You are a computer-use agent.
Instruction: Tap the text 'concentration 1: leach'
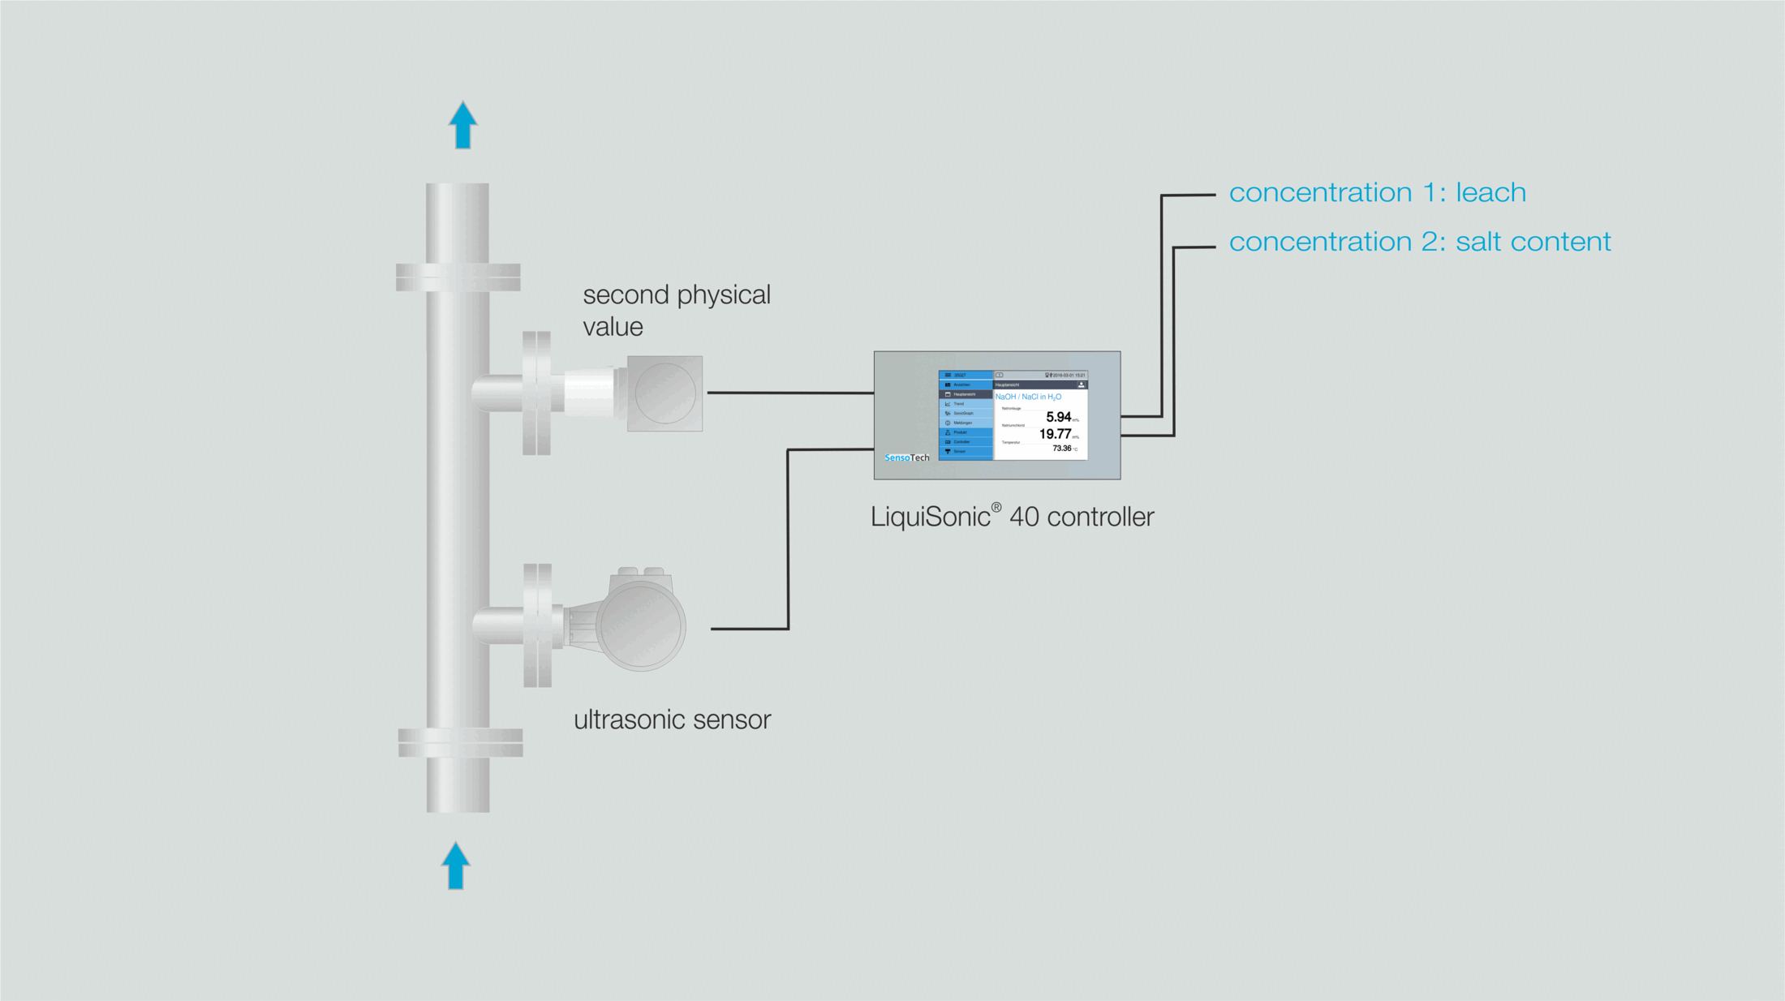pyautogui.click(x=1377, y=193)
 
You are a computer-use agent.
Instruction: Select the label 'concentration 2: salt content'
pyautogui.click(x=1419, y=242)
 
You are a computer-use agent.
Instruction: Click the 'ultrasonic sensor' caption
pyautogui.click(x=672, y=720)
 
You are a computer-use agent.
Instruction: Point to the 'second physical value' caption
pyautogui.click(x=676, y=310)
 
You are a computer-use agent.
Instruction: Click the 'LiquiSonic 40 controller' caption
pyautogui.click(x=1012, y=517)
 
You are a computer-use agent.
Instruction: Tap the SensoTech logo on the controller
pyautogui.click(x=906, y=458)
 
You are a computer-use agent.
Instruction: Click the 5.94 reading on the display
pyautogui.click(x=1058, y=417)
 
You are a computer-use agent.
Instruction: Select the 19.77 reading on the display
pyautogui.click(x=1055, y=434)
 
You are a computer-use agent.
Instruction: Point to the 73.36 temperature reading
pyautogui.click(x=1062, y=448)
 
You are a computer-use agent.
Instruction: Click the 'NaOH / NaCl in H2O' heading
pyautogui.click(x=1028, y=397)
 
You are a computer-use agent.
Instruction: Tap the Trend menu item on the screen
pyautogui.click(x=959, y=403)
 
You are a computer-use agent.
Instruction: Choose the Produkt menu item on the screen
pyautogui.click(x=960, y=432)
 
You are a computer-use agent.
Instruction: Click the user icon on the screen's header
pyautogui.click(x=1081, y=385)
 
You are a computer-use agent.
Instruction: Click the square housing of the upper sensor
pyautogui.click(x=665, y=393)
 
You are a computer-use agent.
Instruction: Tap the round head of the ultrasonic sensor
pyautogui.click(x=641, y=625)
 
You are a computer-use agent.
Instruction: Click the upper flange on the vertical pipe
pyautogui.click(x=458, y=277)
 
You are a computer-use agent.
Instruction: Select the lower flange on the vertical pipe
pyautogui.click(x=460, y=742)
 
